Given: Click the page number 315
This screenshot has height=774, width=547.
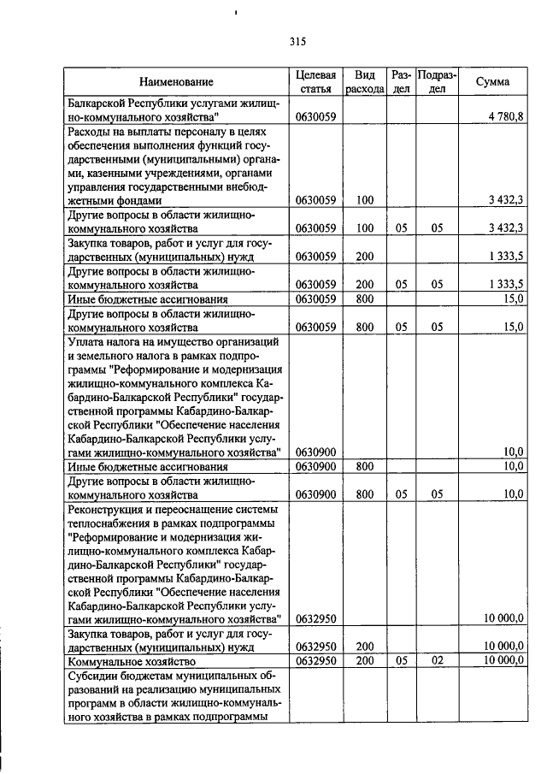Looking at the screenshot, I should tap(297, 41).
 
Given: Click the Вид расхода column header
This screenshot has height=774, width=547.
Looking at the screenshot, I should tap(365, 82).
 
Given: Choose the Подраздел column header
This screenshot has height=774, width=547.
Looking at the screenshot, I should tap(437, 82).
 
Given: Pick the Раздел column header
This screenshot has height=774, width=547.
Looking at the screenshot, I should tap(401, 82).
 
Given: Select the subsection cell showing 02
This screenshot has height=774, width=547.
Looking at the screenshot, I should tap(437, 661).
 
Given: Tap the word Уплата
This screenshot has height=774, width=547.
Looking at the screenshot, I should tap(87, 341).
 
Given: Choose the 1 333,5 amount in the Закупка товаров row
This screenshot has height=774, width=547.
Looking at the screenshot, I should tap(505, 256).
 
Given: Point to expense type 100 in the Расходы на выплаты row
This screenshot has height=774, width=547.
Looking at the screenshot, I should tap(365, 200).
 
